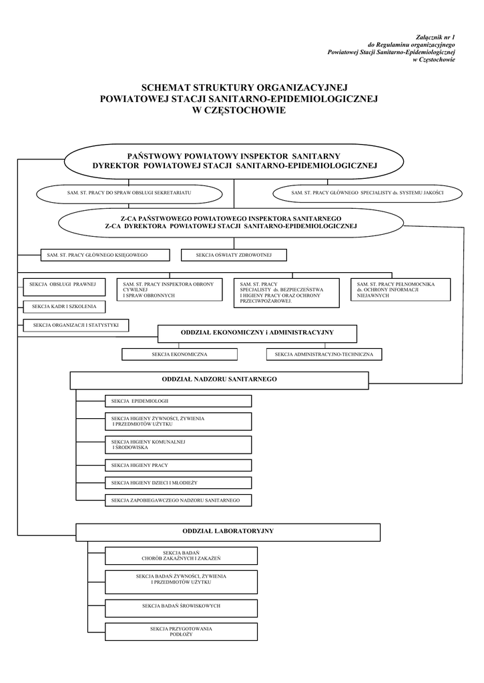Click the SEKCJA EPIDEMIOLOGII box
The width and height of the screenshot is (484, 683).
(x=178, y=401)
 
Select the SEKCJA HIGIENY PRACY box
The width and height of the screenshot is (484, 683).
(x=178, y=465)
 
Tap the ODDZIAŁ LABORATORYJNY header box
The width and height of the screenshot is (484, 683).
(x=228, y=532)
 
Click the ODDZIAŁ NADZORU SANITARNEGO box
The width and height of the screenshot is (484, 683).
(x=219, y=380)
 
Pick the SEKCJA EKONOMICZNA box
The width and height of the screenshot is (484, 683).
(x=180, y=354)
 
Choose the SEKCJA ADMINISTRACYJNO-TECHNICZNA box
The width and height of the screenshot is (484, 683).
(x=324, y=354)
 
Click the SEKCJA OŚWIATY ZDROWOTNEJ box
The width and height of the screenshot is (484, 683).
(x=234, y=255)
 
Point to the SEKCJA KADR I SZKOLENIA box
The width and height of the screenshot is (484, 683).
(x=64, y=307)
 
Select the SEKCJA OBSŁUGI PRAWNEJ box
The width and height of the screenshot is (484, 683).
(x=63, y=285)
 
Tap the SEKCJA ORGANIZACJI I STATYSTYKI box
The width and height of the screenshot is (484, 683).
(x=75, y=325)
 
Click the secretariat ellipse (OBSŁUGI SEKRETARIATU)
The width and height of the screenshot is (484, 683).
(x=130, y=193)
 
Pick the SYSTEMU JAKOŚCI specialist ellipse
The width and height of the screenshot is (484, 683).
(x=367, y=193)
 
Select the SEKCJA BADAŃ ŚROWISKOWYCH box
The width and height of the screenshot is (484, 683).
(x=181, y=606)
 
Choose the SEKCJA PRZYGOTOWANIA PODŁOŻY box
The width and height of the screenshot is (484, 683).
(x=181, y=632)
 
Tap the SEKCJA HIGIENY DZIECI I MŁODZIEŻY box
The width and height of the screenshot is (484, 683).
(x=178, y=482)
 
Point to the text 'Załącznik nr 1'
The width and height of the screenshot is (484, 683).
(x=435, y=37)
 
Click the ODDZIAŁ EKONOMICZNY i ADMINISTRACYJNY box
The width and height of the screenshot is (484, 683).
(x=257, y=333)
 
